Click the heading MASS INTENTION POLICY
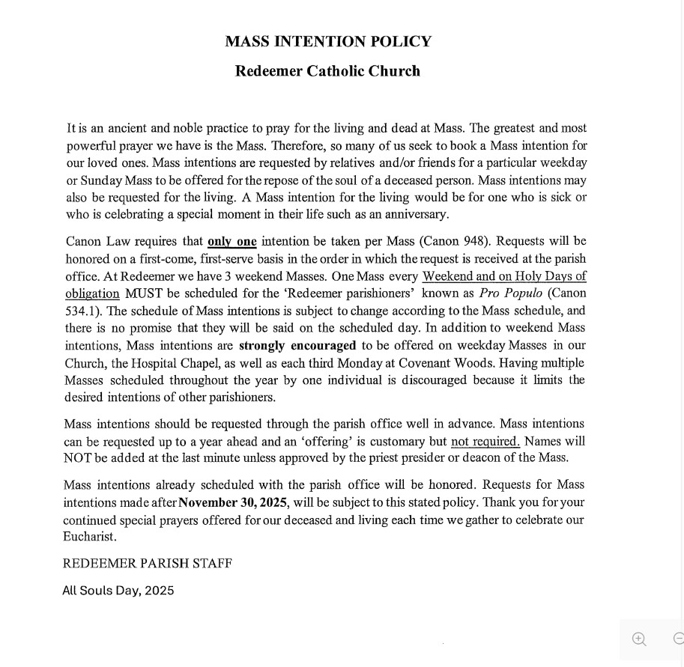tap(328, 42)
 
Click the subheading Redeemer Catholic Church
tap(327, 71)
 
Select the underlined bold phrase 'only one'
tap(232, 242)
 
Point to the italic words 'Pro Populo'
tap(511, 293)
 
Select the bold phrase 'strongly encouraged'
tap(297, 346)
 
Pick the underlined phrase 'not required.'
tap(485, 442)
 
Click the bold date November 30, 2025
tap(232, 502)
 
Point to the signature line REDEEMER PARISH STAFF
tap(148, 564)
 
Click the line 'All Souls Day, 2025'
tap(118, 591)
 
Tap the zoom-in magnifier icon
tap(639, 639)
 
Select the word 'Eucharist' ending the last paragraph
tap(89, 537)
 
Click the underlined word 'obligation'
tap(92, 293)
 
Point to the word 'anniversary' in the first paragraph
tap(415, 215)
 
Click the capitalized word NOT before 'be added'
tap(77, 457)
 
